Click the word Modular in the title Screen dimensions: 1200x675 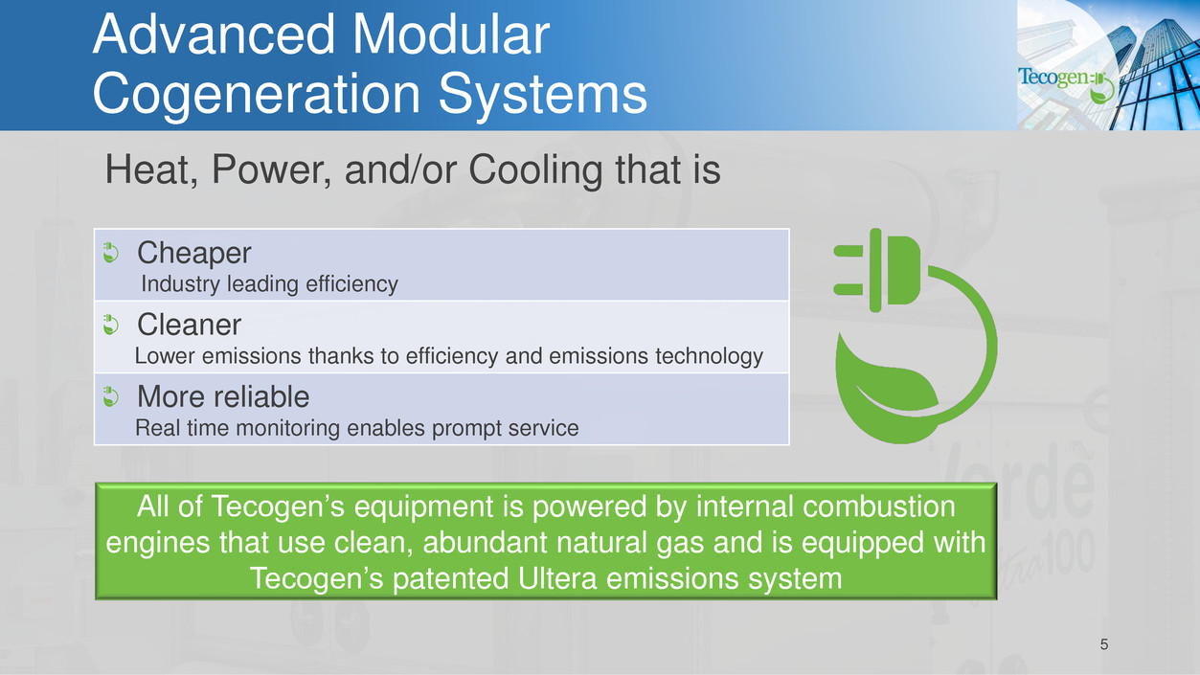tap(450, 34)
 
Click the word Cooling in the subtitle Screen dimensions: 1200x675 tap(535, 169)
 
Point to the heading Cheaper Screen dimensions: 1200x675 tap(193, 254)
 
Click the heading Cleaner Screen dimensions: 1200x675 tap(189, 325)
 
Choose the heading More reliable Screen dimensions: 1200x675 tap(223, 396)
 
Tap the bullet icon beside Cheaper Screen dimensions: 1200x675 tap(110, 253)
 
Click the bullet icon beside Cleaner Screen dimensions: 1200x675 tap(110, 325)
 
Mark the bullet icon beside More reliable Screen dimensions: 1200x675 tap(110, 397)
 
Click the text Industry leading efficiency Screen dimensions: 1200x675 tap(269, 284)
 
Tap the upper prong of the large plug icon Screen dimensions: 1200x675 tap(848, 251)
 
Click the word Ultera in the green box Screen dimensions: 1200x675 tap(557, 578)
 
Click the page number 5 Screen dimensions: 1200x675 tap(1103, 644)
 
